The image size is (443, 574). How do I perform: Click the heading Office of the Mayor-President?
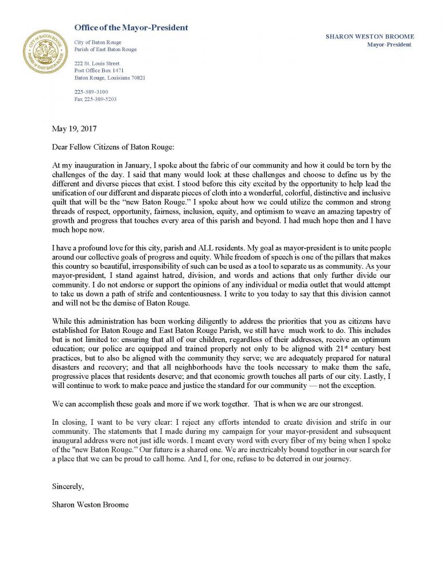coord(131,28)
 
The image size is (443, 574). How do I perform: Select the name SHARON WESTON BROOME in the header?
coord(369,36)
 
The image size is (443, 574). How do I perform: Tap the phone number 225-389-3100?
coord(91,92)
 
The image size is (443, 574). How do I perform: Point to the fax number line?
coord(95,99)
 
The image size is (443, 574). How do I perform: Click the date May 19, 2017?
coord(71,129)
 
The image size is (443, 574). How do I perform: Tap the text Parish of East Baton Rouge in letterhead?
coord(106,49)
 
